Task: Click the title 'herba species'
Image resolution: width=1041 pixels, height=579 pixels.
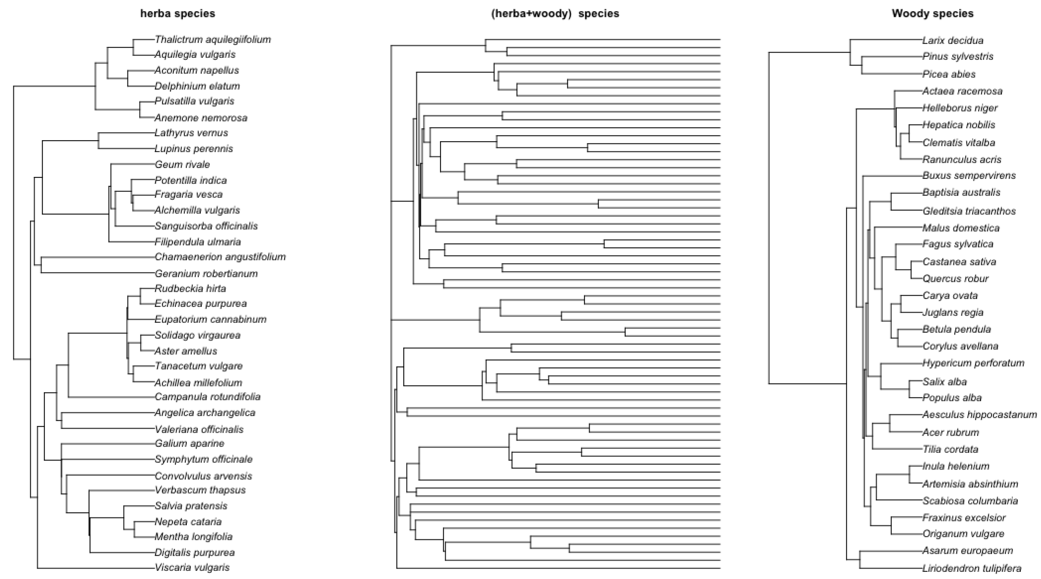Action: click(x=177, y=13)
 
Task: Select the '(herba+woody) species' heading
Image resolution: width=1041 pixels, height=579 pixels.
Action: click(x=555, y=13)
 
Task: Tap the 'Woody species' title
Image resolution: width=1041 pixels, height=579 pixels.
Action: click(x=932, y=13)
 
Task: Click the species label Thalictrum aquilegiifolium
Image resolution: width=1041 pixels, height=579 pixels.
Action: click(x=213, y=39)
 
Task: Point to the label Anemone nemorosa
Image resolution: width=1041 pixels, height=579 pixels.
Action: click(x=201, y=118)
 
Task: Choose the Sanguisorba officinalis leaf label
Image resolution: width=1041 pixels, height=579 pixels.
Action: click(x=206, y=226)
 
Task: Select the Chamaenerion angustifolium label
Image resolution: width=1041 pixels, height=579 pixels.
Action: click(x=220, y=257)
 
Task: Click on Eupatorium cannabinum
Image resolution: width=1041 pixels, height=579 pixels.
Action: click(x=211, y=319)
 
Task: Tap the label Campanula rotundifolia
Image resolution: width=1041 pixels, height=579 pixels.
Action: click(x=207, y=397)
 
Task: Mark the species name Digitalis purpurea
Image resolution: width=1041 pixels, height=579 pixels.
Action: click(x=194, y=552)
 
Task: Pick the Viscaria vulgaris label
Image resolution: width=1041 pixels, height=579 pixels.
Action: click(x=192, y=567)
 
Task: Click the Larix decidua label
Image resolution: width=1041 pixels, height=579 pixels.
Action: click(x=953, y=40)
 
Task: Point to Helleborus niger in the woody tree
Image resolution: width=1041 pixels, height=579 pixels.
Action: click(x=960, y=108)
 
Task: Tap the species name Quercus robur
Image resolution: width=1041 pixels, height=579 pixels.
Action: click(x=955, y=278)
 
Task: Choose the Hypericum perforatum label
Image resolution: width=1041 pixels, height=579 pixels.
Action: click(x=973, y=363)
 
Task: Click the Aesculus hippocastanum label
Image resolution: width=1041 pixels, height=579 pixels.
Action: click(x=979, y=415)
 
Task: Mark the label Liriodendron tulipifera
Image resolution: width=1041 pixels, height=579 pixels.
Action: click(x=972, y=568)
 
